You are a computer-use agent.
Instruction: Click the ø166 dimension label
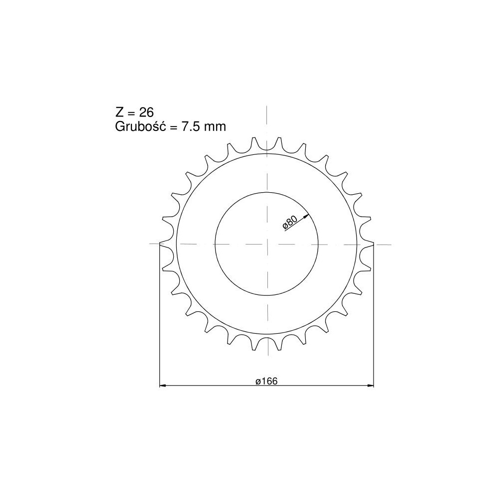[x=266, y=381]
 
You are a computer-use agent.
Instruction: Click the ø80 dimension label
[x=290, y=222]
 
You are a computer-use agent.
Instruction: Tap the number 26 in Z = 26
[x=146, y=112]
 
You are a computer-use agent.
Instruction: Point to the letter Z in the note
[x=119, y=112]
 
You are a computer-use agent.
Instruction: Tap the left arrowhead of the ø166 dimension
[x=162, y=385]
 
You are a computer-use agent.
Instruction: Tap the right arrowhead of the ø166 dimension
[x=371, y=385]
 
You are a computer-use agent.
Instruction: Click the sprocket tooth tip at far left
[x=160, y=244]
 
